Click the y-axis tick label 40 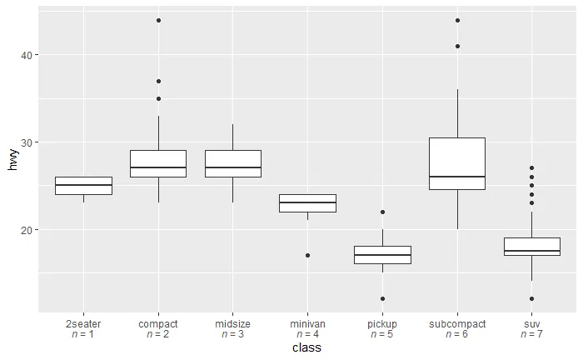[27, 55]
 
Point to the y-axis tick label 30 [27, 142]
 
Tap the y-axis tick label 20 [27, 230]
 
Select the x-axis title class [307, 347]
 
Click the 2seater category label [83, 323]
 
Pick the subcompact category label [457, 323]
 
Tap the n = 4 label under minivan [307, 334]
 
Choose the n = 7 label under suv [532, 334]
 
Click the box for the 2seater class [83, 186]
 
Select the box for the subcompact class [457, 163]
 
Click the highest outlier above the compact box [158, 20]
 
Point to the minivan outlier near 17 [307, 255]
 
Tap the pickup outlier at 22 [382, 212]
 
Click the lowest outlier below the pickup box [382, 298]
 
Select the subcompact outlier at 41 [457, 46]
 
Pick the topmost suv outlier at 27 [532, 168]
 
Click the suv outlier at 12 [532, 298]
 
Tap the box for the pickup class [382, 255]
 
